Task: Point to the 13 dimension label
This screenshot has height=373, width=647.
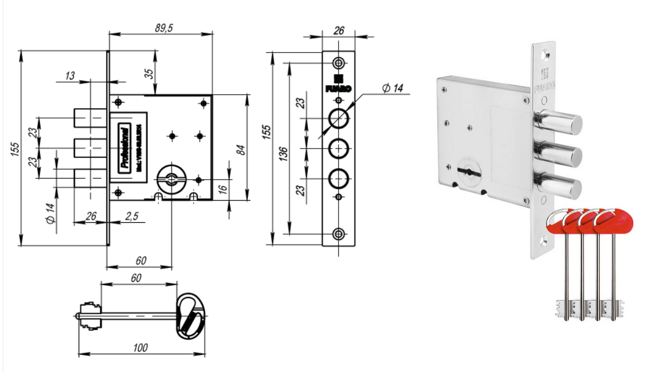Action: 70,76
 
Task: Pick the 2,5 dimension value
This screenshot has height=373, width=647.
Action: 132,216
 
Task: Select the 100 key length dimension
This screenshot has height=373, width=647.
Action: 141,348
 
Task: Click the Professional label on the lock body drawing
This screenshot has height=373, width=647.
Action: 126,147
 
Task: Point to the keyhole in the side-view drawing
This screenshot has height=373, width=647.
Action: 171,178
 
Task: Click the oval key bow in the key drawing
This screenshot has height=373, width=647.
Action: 190,315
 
